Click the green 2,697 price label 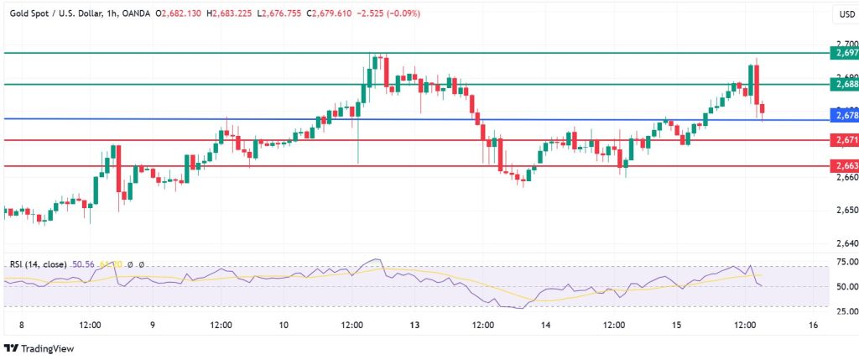click(x=843, y=53)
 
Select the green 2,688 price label click(x=843, y=84)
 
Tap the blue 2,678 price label click(x=843, y=114)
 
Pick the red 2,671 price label click(x=843, y=139)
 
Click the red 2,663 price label click(x=843, y=165)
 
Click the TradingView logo click(x=39, y=348)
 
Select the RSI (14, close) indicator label click(x=39, y=264)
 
